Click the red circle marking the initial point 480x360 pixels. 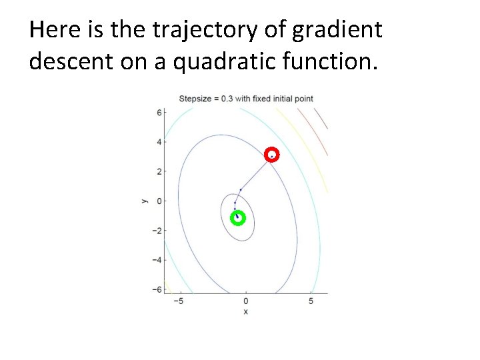coord(271,155)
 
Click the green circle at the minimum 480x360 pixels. coord(237,218)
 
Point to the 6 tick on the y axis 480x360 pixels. coord(159,113)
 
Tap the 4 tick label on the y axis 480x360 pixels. coord(159,142)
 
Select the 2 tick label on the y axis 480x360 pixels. coord(159,171)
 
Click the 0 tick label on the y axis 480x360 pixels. coord(159,201)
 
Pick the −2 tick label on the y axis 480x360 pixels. coord(157,230)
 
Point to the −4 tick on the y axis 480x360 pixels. coord(157,259)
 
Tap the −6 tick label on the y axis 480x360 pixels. coord(157,289)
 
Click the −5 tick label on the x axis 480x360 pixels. coord(178,301)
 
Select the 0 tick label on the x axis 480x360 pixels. coord(245,301)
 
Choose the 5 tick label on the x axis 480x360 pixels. coord(311,301)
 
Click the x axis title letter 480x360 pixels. coord(245,311)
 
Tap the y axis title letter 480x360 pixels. coord(143,200)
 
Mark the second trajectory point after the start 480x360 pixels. coord(235,203)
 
